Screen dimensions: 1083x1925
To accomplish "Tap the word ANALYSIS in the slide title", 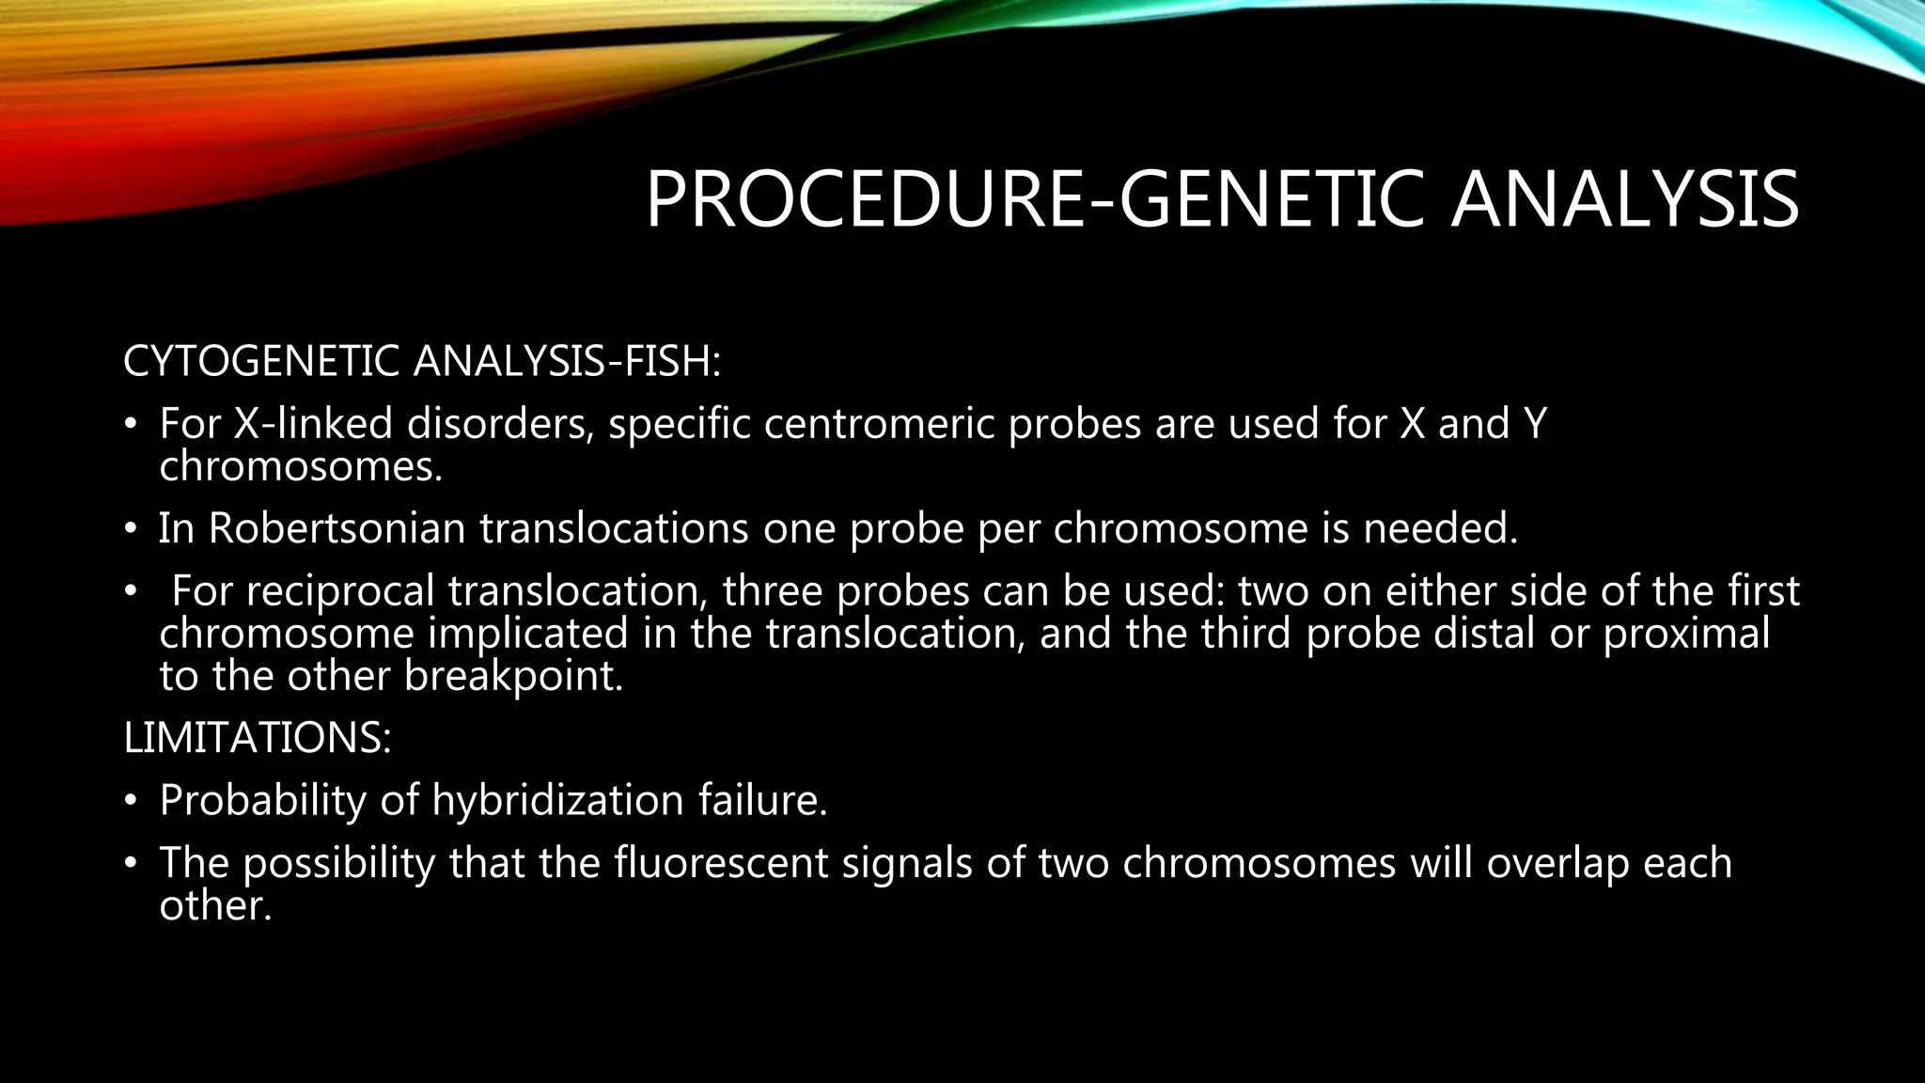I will (1624, 199).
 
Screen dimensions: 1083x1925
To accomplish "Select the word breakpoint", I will (513, 676).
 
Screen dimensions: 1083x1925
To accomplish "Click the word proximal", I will (1686, 634).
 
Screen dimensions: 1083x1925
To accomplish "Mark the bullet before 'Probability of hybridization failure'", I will (132, 801).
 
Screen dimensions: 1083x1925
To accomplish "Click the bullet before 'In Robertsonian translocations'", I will (132, 529).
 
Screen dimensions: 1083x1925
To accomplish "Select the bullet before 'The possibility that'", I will (132, 864).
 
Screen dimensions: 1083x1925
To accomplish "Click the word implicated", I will (528, 634).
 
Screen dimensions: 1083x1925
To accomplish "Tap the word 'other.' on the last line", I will (215, 905).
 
